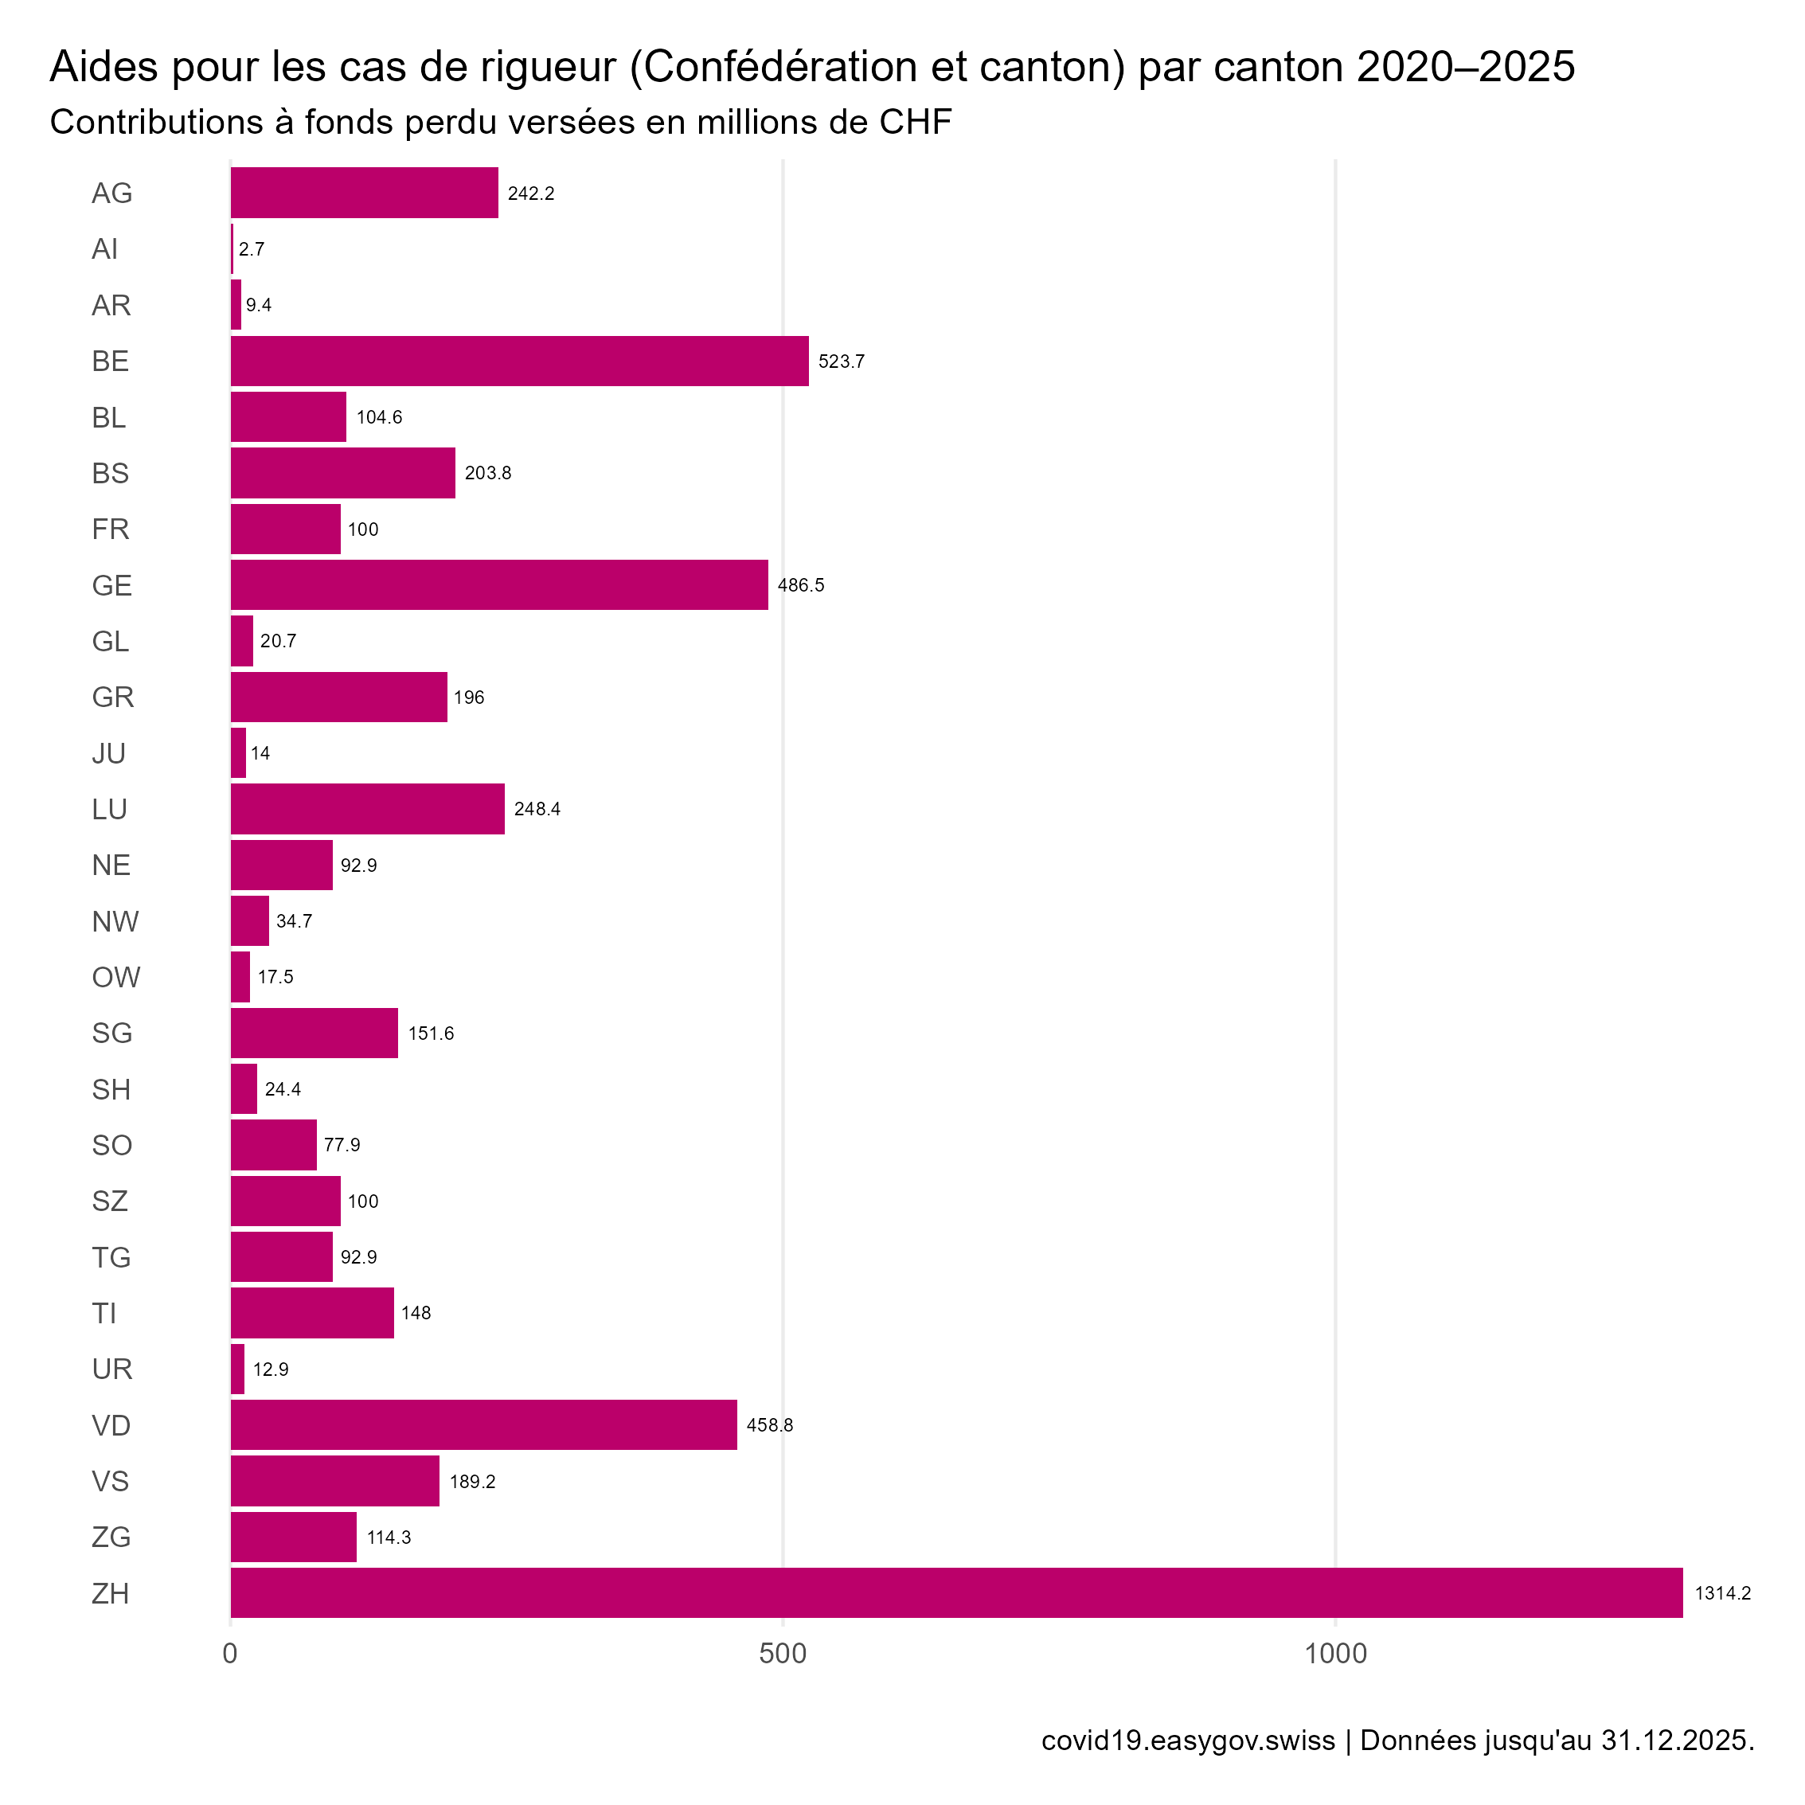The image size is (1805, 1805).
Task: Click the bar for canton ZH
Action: point(955,1593)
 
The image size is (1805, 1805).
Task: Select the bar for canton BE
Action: point(519,361)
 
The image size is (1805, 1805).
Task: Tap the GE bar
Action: point(499,585)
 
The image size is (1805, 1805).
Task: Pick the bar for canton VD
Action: point(484,1424)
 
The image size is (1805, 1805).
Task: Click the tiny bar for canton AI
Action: point(232,248)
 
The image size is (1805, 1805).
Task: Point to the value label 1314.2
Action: point(1723,1593)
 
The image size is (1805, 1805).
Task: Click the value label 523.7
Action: point(841,361)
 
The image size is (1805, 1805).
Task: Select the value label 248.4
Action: point(537,809)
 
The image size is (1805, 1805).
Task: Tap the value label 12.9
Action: point(271,1369)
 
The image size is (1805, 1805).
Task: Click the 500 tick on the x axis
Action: point(783,1654)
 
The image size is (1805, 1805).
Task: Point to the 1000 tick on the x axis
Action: point(1335,1654)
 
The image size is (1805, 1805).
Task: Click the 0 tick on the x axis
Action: point(230,1654)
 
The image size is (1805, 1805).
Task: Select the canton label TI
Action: point(104,1314)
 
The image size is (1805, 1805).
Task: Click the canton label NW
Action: point(115,921)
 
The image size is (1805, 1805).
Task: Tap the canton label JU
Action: point(108,753)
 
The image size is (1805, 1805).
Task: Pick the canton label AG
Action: point(112,193)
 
